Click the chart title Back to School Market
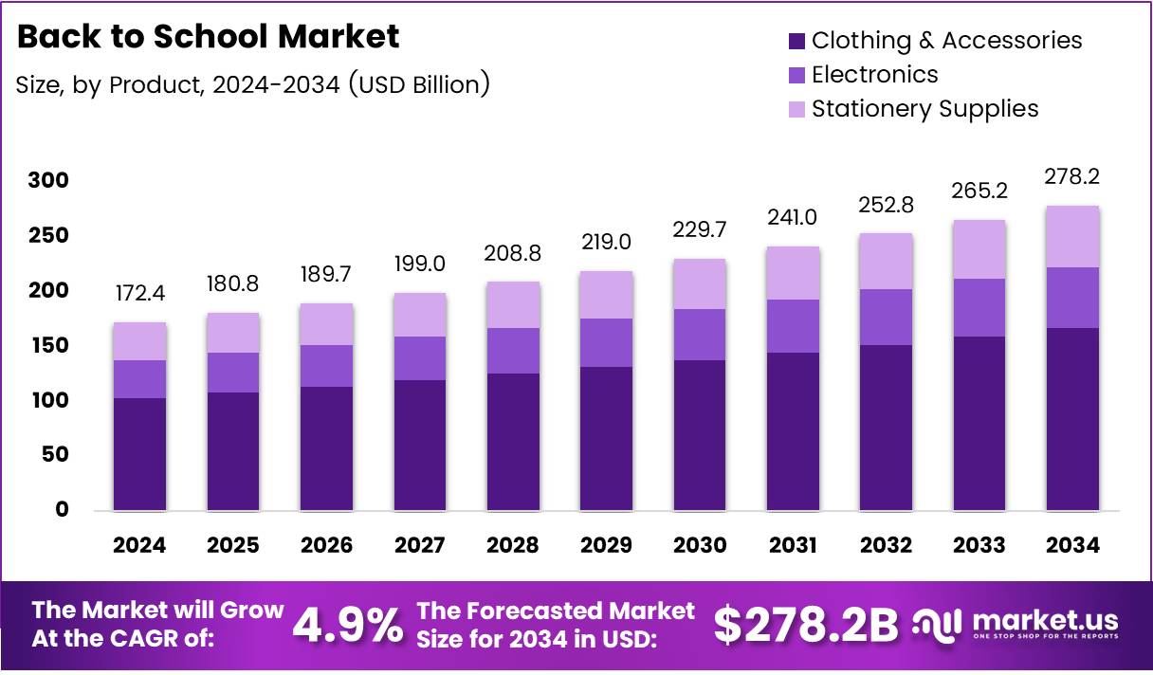coord(209,37)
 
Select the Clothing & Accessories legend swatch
coord(796,41)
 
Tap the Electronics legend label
coord(874,75)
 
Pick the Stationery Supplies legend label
coord(924,109)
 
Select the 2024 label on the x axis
coord(139,545)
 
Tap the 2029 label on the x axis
coord(606,545)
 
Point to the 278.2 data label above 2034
coord(1072,177)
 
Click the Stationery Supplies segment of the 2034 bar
coord(1072,236)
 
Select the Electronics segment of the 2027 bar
coord(419,357)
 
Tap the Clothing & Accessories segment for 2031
coord(793,431)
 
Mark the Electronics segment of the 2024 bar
coord(139,378)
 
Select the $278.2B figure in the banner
coord(805,626)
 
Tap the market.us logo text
coord(1043,621)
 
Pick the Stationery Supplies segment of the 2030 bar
coord(700,283)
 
